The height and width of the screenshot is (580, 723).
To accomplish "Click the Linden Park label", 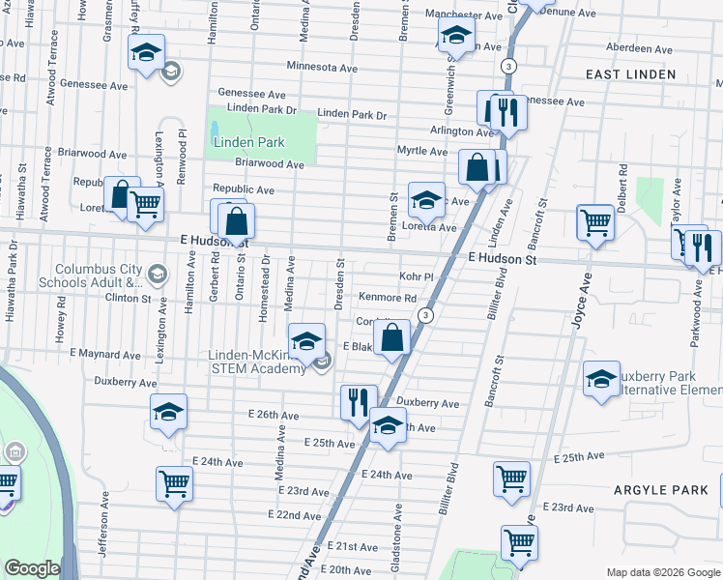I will point(243,142).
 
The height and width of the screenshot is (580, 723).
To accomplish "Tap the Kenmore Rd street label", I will point(387,298).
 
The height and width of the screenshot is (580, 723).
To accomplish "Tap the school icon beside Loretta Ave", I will point(426,200).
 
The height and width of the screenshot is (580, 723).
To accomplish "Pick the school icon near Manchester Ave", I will point(455,37).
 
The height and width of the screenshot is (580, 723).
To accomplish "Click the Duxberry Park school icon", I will point(601,378).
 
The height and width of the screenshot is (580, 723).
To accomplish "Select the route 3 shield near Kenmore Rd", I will point(424,316).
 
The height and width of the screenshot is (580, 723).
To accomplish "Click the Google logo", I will point(33,568).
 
